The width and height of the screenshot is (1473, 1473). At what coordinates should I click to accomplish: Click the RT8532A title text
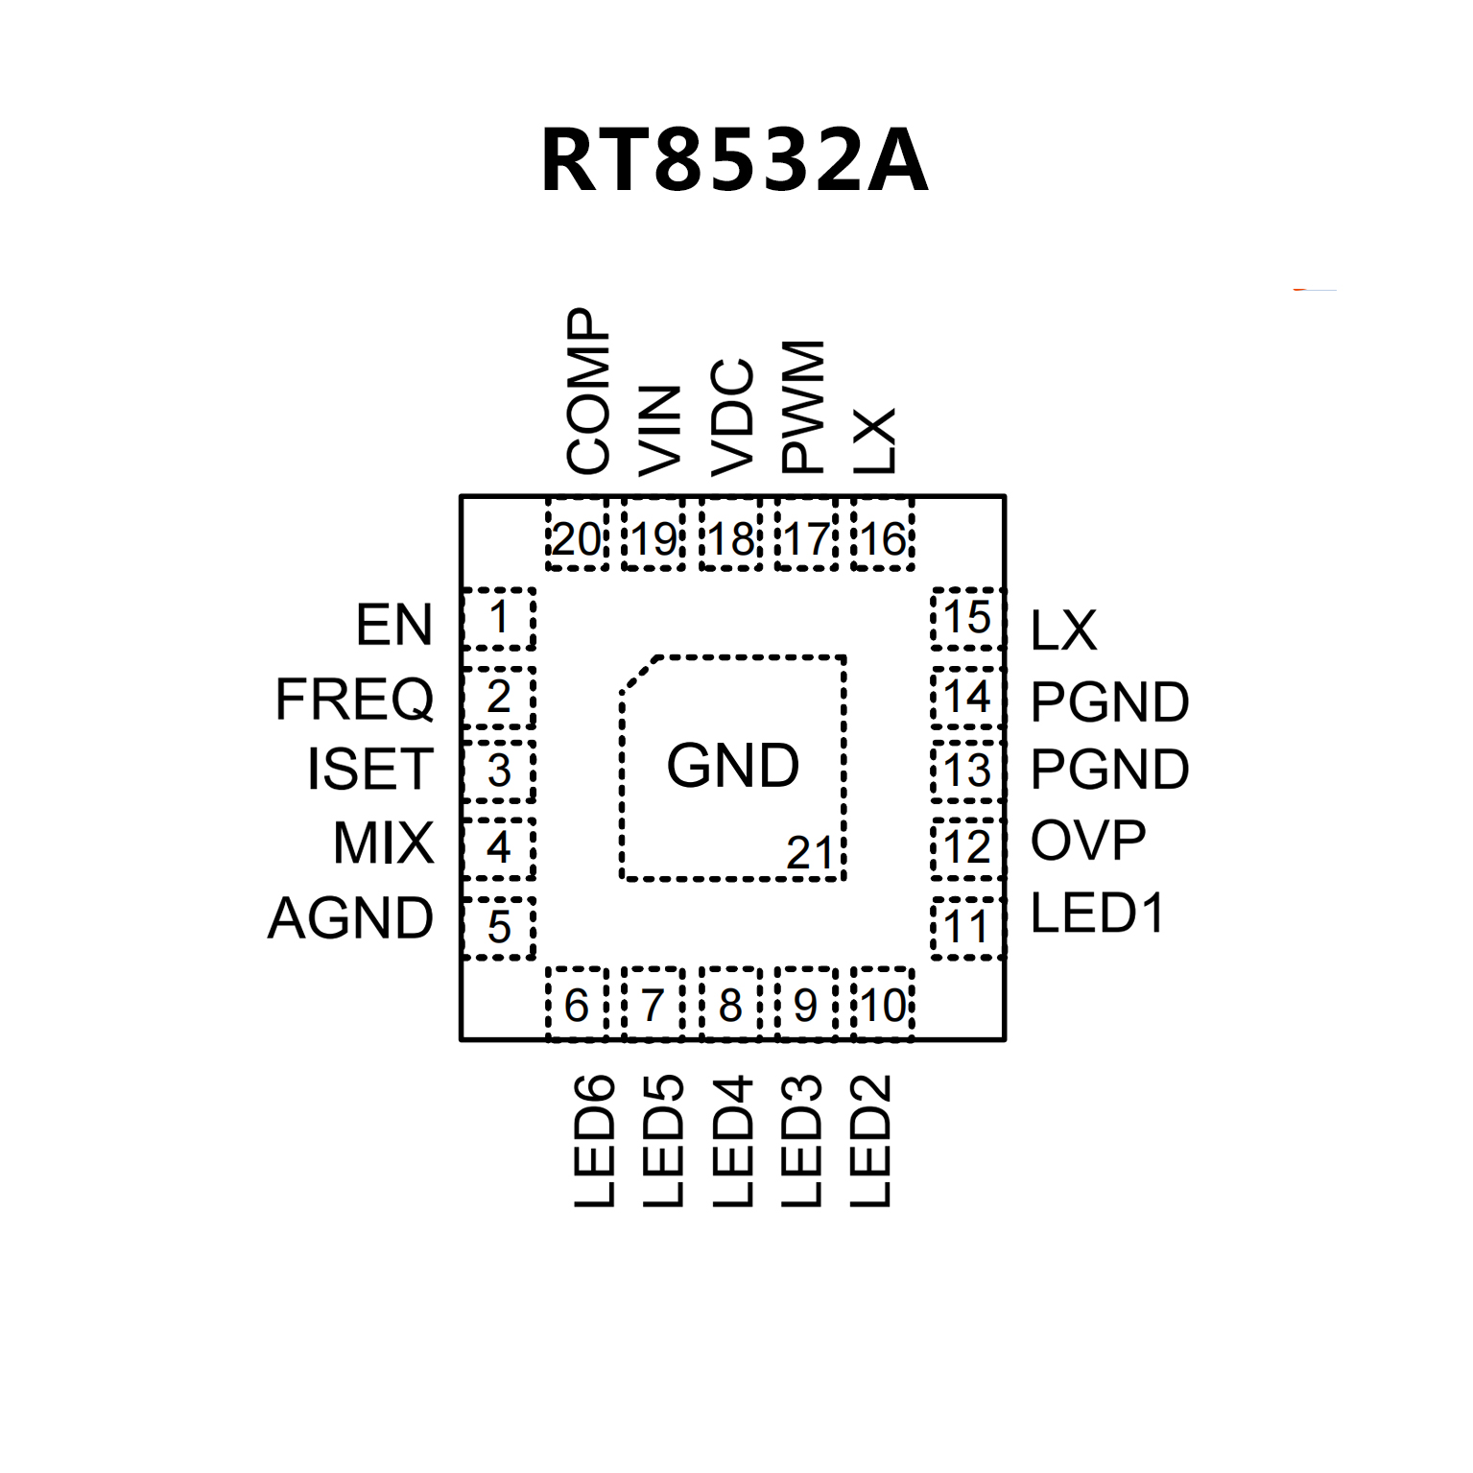pyautogui.click(x=734, y=160)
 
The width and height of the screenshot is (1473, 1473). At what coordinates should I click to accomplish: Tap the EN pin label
pyautogui.click(x=393, y=625)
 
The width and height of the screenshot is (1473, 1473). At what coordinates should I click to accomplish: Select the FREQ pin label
pyautogui.click(x=354, y=699)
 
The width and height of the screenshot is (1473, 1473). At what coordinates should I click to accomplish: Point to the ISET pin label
pyautogui.click(x=369, y=770)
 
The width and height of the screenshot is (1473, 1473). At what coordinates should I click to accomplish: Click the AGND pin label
pyautogui.click(x=350, y=918)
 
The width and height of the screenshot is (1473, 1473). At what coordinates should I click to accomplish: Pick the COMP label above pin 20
pyautogui.click(x=587, y=391)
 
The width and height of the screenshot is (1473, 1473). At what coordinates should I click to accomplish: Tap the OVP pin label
pyautogui.click(x=1088, y=841)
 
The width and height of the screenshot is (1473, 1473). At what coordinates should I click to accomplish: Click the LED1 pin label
pyautogui.click(x=1097, y=913)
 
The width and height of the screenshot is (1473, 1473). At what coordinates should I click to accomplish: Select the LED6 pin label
pyautogui.click(x=594, y=1140)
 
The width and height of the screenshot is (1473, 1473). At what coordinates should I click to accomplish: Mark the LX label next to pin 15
pyautogui.click(x=1063, y=630)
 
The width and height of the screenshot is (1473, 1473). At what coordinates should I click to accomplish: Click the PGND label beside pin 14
pyautogui.click(x=1109, y=702)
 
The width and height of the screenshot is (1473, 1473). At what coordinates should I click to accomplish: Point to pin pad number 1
pyautogui.click(x=499, y=618)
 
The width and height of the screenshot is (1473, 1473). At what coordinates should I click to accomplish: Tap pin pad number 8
pyautogui.click(x=730, y=1005)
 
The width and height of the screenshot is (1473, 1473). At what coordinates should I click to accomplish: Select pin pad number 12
pyautogui.click(x=967, y=847)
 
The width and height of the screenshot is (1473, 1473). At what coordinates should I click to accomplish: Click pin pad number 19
pyautogui.click(x=653, y=539)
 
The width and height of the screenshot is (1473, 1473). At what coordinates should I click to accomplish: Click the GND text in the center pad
pyautogui.click(x=733, y=766)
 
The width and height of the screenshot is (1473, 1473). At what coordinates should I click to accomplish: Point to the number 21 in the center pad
pyautogui.click(x=809, y=852)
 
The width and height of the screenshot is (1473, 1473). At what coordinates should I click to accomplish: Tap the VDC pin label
pyautogui.click(x=731, y=416)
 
